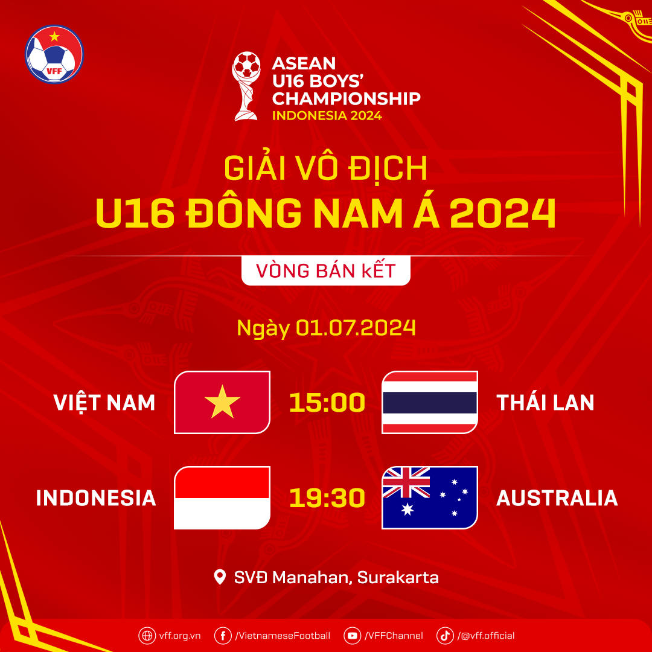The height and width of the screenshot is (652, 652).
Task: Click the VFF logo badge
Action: pos(54,54)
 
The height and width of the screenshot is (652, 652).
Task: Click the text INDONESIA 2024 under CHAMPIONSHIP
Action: pos(327,115)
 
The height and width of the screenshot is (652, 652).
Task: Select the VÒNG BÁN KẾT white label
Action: pos(326,270)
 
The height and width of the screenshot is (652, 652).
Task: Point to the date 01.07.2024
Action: pos(356,328)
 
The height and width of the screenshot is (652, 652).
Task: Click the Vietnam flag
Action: pos(222,402)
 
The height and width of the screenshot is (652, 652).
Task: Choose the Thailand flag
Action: pos(430,402)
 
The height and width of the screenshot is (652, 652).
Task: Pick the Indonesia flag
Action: pos(222,498)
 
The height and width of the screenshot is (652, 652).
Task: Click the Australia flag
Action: pos(430,498)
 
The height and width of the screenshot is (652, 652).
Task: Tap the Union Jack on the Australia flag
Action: pos(406,482)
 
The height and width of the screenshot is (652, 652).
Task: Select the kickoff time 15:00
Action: pos(327,403)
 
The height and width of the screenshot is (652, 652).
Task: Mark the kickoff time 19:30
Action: pos(327,498)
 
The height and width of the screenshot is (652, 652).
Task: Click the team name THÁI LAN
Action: pos(545,403)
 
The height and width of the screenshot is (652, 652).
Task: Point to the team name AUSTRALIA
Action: pos(557,498)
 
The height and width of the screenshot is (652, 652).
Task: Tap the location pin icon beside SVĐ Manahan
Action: pos(220,577)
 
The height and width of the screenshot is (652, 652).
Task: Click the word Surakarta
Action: pos(398,578)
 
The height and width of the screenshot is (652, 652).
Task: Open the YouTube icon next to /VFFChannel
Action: pos(352,635)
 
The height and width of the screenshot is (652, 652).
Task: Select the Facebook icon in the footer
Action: pos(223,635)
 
